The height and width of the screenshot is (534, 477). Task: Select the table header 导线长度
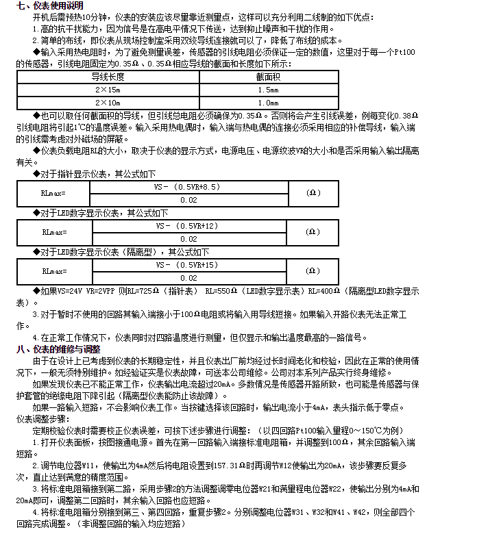click(108, 77)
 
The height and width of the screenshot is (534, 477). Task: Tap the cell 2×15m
click(108, 90)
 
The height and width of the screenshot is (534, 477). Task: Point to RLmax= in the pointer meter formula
click(54, 193)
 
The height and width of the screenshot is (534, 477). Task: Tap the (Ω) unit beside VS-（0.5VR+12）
click(313, 231)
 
